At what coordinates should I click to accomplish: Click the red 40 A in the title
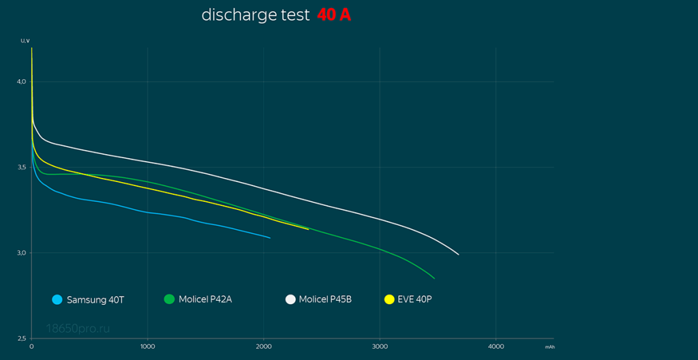coord(334,15)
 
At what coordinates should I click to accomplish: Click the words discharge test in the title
coord(256,15)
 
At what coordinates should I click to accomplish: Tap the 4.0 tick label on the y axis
coord(21,82)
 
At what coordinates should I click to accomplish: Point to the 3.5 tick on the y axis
coord(21,168)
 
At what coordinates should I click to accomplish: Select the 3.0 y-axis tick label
coord(21,253)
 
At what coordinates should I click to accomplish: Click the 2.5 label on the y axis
coord(21,338)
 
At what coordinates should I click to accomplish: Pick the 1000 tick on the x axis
coord(147,346)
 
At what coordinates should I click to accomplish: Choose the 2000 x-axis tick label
coord(264,346)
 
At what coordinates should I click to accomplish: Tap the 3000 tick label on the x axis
coord(380,346)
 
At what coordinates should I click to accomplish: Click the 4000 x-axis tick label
coord(496,346)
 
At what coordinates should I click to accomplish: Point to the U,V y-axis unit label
coord(25,41)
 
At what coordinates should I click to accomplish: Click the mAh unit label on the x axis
coord(549,347)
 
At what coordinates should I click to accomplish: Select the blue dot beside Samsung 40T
coord(57,299)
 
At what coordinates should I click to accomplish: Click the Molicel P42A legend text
coord(205,299)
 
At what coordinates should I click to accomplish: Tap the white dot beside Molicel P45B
coord(290,299)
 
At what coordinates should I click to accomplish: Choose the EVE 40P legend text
coord(414,299)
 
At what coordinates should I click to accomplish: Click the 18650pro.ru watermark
coord(78,329)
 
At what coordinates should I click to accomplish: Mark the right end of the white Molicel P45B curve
coord(459,254)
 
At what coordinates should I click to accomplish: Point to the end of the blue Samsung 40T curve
coord(271,238)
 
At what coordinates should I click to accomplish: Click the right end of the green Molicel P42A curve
coord(434,278)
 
